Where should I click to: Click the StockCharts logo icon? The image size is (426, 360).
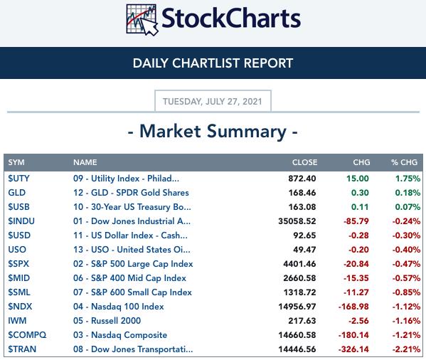[x=142, y=19]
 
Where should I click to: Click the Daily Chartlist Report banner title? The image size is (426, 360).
[x=213, y=63]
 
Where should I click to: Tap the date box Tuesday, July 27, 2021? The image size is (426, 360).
[x=213, y=101]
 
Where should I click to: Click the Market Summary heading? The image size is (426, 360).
[x=213, y=131]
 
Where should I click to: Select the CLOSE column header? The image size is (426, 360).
[x=304, y=162]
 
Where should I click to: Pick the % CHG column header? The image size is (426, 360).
[x=404, y=162]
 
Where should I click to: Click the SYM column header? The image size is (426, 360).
[x=16, y=162]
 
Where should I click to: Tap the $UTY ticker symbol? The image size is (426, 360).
[x=18, y=179]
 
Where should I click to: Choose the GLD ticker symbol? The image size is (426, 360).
[x=17, y=193]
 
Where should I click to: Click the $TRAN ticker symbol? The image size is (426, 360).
[x=22, y=349]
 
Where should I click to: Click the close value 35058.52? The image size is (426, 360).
[x=297, y=221]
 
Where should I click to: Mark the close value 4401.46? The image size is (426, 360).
[x=299, y=264]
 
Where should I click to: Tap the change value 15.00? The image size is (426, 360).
[x=358, y=179]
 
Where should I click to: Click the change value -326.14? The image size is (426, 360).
[x=353, y=349]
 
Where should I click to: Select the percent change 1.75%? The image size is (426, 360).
[x=408, y=179]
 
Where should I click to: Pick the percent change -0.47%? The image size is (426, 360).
[x=406, y=264]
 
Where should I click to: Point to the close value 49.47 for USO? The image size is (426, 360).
[x=304, y=250]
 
